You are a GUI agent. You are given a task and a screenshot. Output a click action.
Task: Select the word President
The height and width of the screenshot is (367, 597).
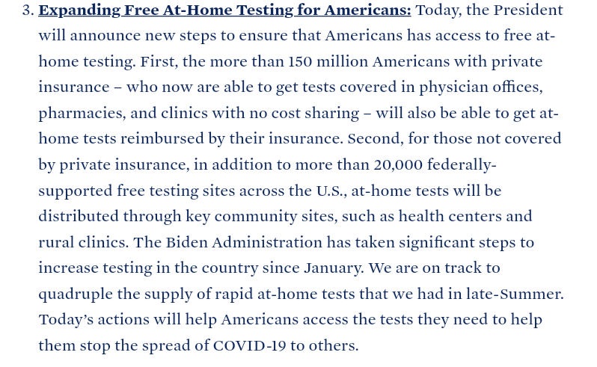[527, 10]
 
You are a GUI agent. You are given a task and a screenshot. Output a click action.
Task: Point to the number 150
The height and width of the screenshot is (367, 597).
[319, 62]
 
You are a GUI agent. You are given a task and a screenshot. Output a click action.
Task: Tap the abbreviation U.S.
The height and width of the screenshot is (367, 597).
[331, 191]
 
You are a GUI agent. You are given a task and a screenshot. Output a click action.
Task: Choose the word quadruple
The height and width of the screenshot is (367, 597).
[76, 294]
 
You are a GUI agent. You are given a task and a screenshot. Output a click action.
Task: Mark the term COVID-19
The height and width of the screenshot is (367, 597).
[252, 345]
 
